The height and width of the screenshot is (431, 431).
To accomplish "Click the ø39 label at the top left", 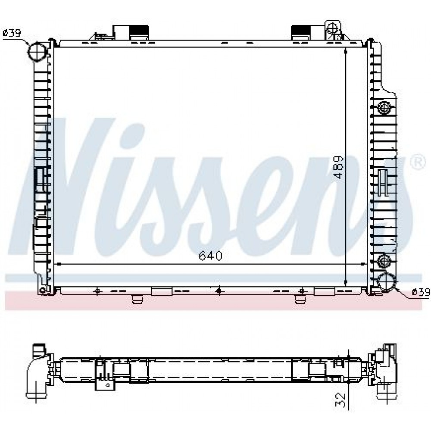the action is [x=12, y=33].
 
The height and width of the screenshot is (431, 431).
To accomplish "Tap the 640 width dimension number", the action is [x=211, y=256].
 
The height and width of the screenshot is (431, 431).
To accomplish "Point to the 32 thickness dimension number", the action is [x=340, y=400].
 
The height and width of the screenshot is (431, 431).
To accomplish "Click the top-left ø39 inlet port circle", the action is [x=37, y=51].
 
